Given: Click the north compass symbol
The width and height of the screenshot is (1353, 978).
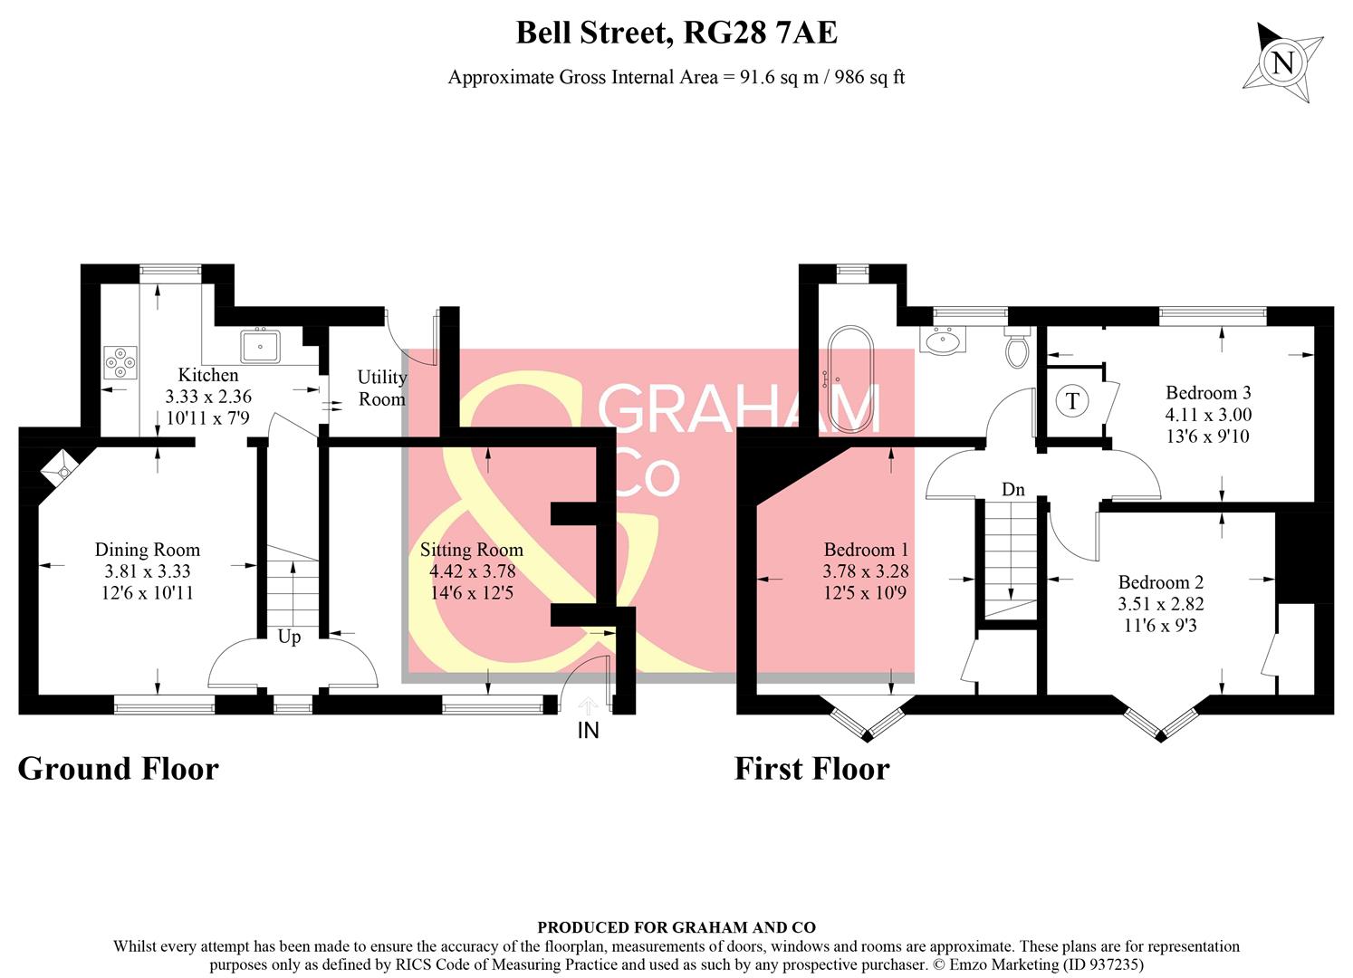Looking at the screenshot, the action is coord(1283,63).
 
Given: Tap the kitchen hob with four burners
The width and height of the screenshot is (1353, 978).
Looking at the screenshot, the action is coord(120,361).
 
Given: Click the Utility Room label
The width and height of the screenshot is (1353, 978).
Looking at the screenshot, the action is coord(382,388).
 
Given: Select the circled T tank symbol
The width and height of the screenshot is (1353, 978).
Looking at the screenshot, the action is coord(1072,400).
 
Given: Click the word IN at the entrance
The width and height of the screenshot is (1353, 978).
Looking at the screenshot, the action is coord(589,730).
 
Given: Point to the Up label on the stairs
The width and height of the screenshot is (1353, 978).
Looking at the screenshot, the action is coord(289,637).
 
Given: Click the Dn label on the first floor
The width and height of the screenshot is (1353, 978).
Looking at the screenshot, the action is coord(1013,490).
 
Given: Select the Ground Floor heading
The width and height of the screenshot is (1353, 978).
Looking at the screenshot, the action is coord(119,769).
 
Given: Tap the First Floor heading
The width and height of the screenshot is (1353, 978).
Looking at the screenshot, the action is coord(811,769).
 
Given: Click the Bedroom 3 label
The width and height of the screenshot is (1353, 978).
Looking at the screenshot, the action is coord(1208,393).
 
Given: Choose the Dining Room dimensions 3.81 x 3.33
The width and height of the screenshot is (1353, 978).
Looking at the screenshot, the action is coord(148,571).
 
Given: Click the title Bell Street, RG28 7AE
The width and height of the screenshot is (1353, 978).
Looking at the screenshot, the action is coord(676,34).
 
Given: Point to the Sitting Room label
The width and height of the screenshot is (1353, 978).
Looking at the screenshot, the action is coord(472,550).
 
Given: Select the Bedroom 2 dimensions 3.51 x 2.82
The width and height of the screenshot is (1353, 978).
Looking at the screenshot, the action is coord(1160,604).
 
